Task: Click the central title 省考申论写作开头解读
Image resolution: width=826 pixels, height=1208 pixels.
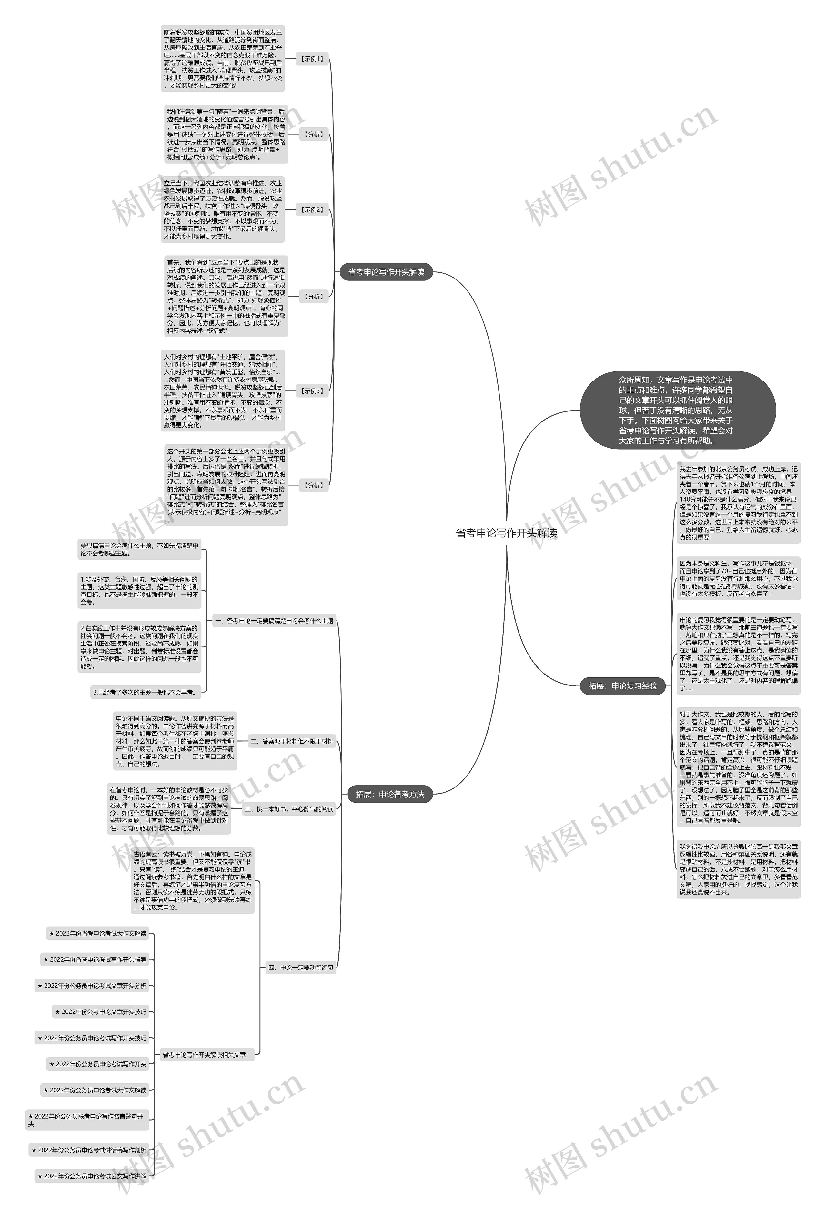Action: [506, 533]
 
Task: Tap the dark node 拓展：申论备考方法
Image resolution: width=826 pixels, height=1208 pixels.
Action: [389, 794]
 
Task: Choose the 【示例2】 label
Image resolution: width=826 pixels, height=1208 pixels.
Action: [312, 210]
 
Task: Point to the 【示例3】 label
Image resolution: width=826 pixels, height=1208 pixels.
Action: [312, 391]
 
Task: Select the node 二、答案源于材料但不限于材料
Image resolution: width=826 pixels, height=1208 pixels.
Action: [292, 741]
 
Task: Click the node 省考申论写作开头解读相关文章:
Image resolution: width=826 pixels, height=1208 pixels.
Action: [205, 1055]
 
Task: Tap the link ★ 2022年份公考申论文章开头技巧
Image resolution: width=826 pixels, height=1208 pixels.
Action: [101, 1011]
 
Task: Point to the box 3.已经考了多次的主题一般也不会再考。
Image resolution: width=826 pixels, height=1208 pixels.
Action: [146, 692]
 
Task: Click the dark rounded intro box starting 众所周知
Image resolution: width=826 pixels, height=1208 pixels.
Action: [677, 410]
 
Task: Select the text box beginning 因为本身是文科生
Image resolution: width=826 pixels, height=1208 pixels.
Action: [738, 579]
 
